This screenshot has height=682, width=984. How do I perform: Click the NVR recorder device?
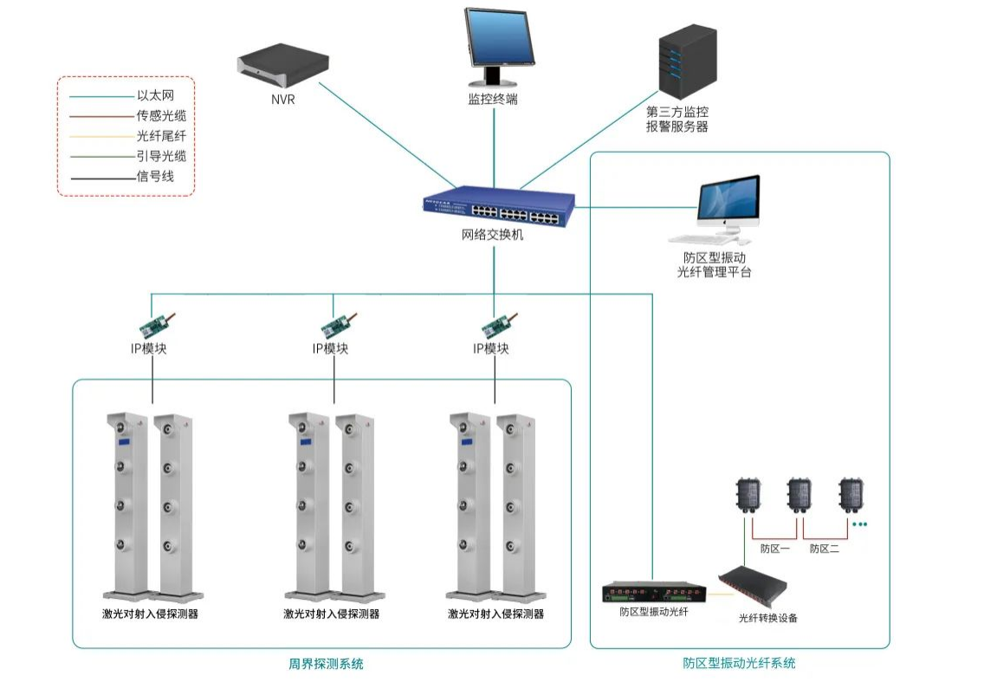tap(283, 65)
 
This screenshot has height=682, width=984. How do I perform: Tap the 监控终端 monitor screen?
tap(500, 47)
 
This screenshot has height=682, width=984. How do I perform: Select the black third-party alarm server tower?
tap(687, 62)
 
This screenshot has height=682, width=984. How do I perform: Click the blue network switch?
tap(499, 207)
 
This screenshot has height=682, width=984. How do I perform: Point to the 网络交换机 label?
tap(493, 235)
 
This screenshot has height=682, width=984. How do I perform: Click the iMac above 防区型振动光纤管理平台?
tap(721, 209)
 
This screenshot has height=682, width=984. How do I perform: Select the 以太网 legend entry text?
tap(156, 95)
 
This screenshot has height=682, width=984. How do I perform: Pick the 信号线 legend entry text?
tap(156, 177)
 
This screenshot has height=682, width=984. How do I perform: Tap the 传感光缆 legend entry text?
tap(162, 115)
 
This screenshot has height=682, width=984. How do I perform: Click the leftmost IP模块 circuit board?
tap(156, 325)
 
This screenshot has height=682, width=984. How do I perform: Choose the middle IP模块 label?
tap(331, 348)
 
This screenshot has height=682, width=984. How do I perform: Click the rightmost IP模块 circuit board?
tap(500, 325)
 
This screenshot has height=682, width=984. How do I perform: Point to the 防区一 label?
tap(775, 549)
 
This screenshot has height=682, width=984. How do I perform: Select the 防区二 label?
tap(825, 549)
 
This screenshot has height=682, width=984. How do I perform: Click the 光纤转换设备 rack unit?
tap(753, 584)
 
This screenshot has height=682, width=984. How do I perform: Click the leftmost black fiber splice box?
tap(748, 496)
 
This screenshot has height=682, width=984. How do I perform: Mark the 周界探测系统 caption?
tap(326, 664)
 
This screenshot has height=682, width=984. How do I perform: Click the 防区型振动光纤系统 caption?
tap(739, 663)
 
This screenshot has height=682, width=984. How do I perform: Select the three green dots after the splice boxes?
tap(859, 524)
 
